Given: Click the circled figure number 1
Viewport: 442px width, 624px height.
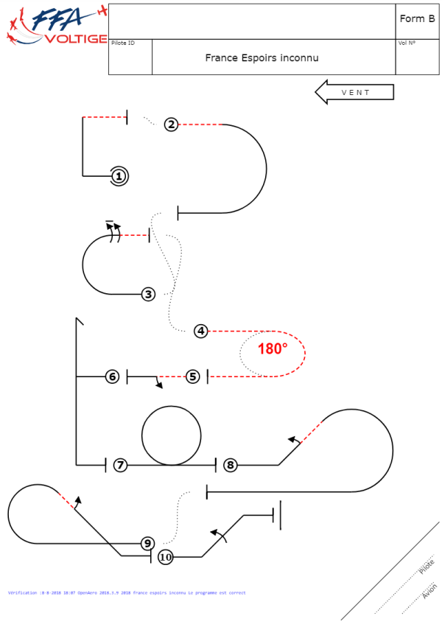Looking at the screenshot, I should [x=119, y=176].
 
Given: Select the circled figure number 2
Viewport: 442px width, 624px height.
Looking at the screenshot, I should [x=171, y=125].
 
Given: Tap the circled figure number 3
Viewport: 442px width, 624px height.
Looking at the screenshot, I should [x=149, y=295].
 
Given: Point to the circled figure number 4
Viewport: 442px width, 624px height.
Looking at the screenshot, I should [x=201, y=332].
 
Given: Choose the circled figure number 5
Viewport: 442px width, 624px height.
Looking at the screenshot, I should [x=193, y=376].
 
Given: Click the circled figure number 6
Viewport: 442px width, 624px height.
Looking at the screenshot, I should [x=112, y=376].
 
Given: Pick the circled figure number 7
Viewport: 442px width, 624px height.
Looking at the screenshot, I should [x=120, y=465].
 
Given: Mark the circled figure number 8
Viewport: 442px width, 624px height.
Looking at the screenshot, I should [x=231, y=465].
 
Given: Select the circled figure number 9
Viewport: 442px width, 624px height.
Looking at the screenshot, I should [x=148, y=544].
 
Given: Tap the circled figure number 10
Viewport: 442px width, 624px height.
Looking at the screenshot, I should [x=166, y=557].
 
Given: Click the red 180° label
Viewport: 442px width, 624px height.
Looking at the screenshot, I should [x=273, y=349].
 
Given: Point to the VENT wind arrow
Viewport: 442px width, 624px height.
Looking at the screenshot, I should [x=355, y=93].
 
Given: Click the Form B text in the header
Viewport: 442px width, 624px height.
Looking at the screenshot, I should [x=417, y=19].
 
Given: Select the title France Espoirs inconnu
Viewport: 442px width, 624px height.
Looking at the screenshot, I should [x=262, y=57].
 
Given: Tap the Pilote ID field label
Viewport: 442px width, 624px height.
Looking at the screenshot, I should [x=123, y=43].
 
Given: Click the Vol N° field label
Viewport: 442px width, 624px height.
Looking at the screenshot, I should [x=407, y=43].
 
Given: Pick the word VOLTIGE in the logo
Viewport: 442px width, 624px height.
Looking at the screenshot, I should [x=77, y=39].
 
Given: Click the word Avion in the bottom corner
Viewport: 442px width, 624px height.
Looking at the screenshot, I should [x=429, y=591].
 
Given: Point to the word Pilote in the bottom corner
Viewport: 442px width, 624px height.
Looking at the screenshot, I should [x=426, y=567].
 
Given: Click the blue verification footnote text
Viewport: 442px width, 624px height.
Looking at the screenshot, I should [x=127, y=592].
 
